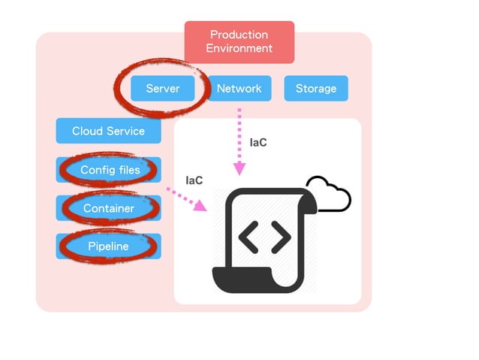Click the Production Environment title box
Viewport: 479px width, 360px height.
[x=239, y=42]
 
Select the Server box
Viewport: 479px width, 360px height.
[x=163, y=88]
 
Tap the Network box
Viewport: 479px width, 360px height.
[x=239, y=88]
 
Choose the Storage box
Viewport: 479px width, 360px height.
[x=315, y=88]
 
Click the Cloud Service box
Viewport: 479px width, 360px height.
[x=108, y=131]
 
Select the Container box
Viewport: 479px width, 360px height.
[x=109, y=208]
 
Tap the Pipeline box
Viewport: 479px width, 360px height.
[x=109, y=247]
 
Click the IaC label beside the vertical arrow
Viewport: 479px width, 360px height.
[x=258, y=142]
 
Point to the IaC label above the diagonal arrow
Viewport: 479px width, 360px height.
[x=194, y=180]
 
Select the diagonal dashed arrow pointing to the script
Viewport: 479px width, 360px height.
[x=185, y=200]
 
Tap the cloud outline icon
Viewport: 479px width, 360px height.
[x=328, y=195]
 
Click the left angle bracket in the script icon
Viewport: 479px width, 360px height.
[x=248, y=237]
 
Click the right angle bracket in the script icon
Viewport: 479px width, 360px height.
[x=281, y=237]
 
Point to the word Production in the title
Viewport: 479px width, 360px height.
[x=239, y=35]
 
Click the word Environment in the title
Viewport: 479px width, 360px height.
[x=239, y=49]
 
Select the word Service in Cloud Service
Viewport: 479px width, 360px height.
[x=125, y=131]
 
